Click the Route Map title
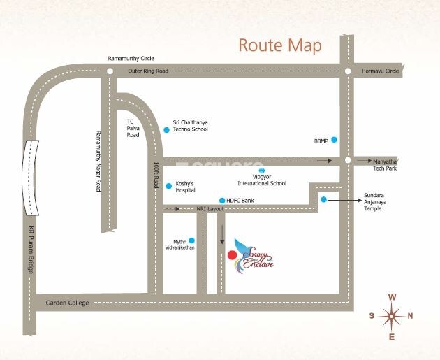click(280, 46)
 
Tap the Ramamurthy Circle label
click(131, 59)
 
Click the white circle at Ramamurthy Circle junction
click(110, 71)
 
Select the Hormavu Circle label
click(380, 71)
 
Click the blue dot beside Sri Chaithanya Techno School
click(166, 130)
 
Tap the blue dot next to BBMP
click(334, 140)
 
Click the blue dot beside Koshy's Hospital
click(168, 186)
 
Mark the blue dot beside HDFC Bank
click(222, 200)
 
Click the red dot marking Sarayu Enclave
click(231, 256)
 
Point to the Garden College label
click(64, 303)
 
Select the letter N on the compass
click(410, 316)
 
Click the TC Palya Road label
click(133, 128)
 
